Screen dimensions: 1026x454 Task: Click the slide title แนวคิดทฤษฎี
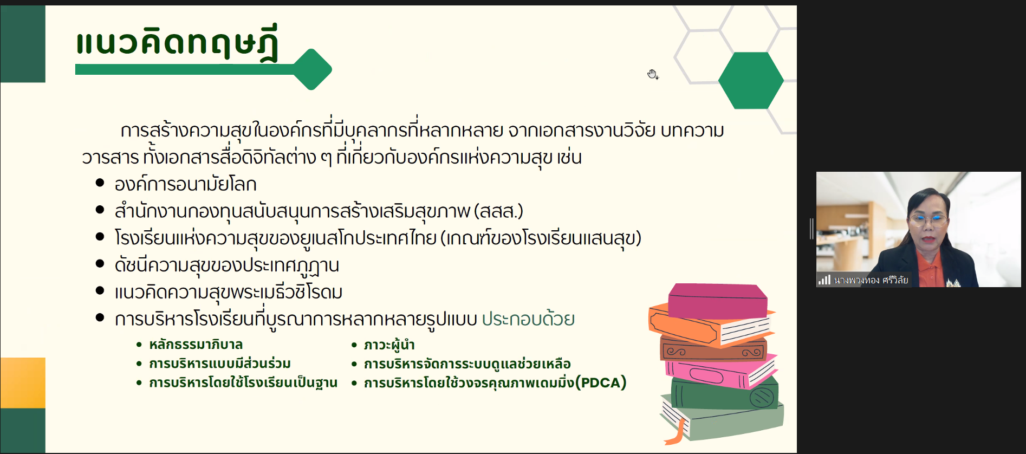pos(177,42)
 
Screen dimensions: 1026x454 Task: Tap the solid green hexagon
pos(751,80)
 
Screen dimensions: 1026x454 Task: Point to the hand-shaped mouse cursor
pos(653,74)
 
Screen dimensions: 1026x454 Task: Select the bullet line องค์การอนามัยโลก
pos(185,184)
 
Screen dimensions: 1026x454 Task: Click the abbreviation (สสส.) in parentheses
pos(498,211)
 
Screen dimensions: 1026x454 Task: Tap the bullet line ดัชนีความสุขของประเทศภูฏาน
pos(226,265)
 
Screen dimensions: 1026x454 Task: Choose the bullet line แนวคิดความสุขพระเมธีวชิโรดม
pos(228,293)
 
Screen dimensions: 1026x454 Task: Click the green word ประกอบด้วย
pos(528,319)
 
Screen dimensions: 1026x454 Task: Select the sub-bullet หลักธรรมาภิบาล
pos(196,345)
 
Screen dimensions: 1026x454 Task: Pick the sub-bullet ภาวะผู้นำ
pos(389,345)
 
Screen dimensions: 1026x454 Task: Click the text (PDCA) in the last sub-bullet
pos(601,382)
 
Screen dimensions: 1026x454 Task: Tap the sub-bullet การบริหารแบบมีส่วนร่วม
pos(219,364)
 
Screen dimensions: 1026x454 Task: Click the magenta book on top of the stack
pos(718,301)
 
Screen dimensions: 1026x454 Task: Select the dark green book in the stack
pos(725,393)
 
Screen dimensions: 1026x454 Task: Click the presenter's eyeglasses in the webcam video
pos(928,219)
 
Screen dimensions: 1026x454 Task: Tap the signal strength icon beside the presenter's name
pos(824,280)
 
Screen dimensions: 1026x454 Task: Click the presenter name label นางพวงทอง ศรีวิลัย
pos(871,280)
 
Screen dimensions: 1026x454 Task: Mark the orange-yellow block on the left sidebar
pos(23,382)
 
